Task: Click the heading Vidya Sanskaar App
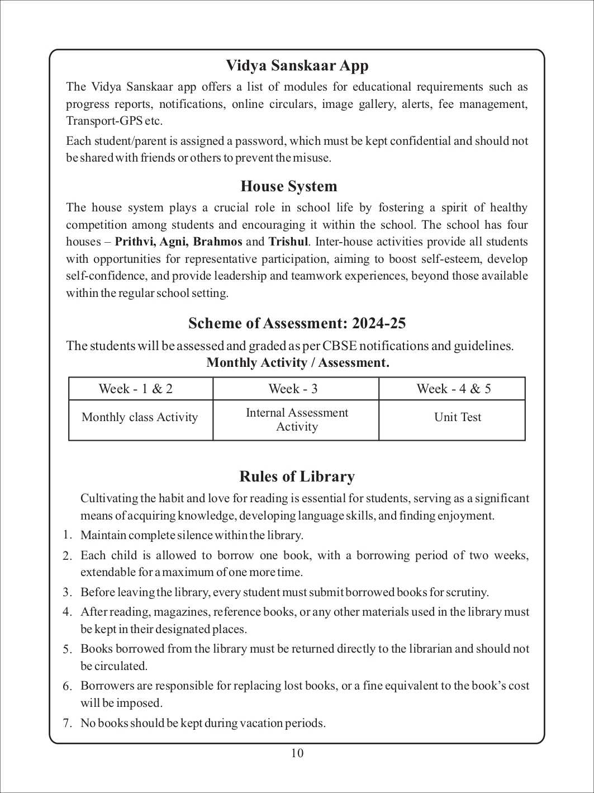pos(297,66)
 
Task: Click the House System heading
pos(289,186)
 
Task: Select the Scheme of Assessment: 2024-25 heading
pos(297,323)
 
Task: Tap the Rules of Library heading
pos(297,476)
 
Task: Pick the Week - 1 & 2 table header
pos(136,389)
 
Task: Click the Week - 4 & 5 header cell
pos(454,389)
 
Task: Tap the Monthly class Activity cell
pos(140,417)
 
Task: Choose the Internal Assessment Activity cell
pos(297,419)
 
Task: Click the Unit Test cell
pos(458,417)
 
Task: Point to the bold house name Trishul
pos(288,242)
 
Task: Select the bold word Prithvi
pos(136,242)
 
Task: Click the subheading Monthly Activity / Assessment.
pos(297,362)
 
